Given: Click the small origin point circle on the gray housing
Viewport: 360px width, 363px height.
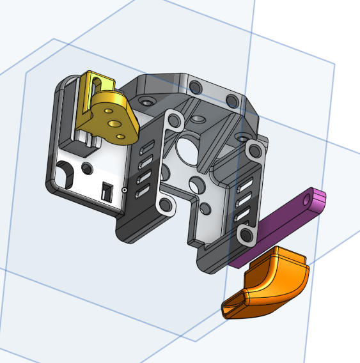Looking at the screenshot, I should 124,190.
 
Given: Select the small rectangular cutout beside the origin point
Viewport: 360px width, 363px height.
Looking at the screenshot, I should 107,190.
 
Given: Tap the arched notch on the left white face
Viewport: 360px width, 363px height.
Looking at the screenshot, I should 65,172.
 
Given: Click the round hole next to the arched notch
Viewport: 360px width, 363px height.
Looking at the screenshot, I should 86,167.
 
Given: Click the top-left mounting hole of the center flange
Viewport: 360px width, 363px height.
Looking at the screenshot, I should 171,118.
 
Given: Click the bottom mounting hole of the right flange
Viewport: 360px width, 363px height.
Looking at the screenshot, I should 246,236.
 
